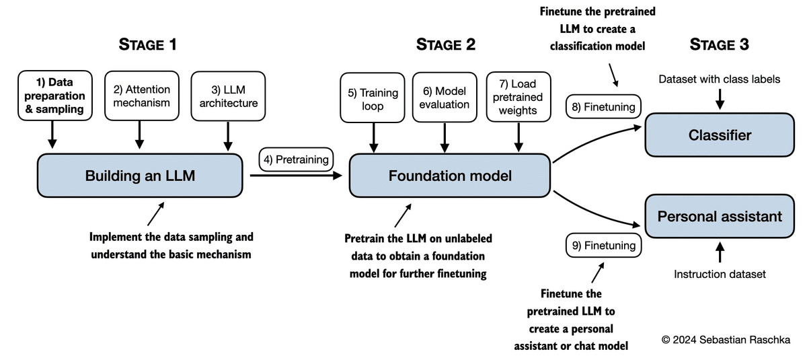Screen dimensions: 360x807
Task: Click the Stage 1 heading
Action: [147, 45]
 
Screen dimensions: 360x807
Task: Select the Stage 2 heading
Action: [445, 45]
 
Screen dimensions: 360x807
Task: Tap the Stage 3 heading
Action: [719, 45]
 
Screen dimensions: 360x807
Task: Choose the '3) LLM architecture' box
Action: [228, 96]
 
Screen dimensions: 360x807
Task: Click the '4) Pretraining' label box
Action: [296, 160]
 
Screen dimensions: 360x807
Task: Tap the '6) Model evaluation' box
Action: [444, 98]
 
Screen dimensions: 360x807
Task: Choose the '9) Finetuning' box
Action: [603, 246]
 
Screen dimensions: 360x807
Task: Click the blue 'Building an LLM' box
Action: [140, 176]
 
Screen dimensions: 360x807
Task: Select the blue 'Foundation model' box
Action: [450, 176]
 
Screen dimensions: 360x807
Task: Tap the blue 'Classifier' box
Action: [719, 135]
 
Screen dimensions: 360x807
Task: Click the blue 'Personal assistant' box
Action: [719, 216]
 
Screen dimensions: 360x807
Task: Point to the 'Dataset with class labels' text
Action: [719, 79]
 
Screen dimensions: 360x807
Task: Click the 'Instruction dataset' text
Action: [719, 274]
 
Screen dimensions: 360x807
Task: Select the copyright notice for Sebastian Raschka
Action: [726, 340]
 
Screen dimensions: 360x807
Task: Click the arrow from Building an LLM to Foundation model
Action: [296, 176]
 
